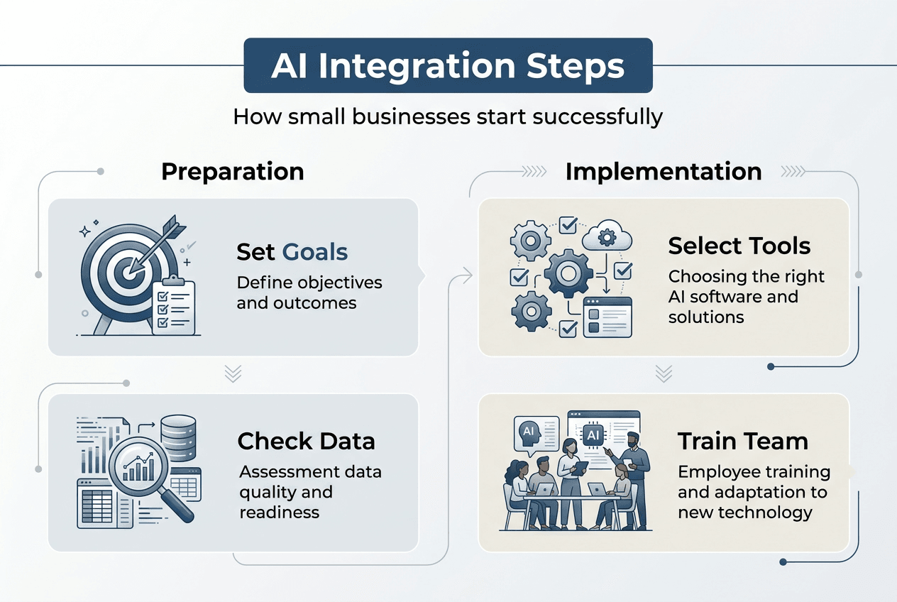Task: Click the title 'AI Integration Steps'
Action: tap(448, 66)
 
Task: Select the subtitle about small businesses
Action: tap(448, 116)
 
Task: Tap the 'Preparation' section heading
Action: tap(233, 171)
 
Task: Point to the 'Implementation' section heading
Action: tap(663, 171)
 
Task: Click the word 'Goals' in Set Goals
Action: tap(315, 251)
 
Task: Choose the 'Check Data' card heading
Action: tap(306, 441)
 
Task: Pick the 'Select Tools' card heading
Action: tap(739, 246)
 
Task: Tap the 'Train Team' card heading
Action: tap(742, 441)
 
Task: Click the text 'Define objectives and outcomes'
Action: tap(309, 292)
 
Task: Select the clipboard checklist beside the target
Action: tap(174, 306)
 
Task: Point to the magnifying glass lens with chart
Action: tap(138, 465)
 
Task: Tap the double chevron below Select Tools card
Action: tap(664, 373)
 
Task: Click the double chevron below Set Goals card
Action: tap(233, 374)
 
